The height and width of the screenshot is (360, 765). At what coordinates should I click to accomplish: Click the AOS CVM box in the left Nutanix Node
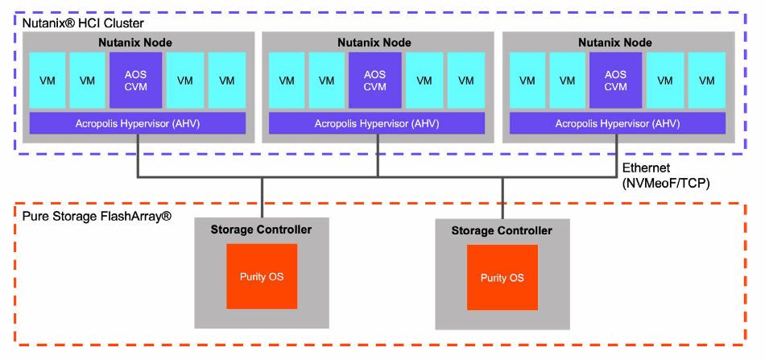135,81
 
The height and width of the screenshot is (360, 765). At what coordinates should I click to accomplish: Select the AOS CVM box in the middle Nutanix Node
374,81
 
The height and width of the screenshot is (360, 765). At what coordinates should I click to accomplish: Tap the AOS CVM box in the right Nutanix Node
615,81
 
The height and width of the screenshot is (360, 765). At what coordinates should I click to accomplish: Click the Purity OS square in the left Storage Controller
262,277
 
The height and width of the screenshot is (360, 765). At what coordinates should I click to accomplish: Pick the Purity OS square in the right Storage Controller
502,278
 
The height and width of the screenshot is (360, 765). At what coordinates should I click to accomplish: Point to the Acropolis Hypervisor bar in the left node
137,123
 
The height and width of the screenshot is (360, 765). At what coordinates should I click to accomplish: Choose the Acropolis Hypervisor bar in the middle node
376,123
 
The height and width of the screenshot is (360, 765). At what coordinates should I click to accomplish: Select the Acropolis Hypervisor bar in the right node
617,123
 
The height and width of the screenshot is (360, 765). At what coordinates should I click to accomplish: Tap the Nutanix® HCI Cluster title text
83,24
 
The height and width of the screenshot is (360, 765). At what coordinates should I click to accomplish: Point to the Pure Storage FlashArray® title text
97,217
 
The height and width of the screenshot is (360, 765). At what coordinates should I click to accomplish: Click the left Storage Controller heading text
261,230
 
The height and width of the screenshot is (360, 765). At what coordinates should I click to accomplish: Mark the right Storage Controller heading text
502,230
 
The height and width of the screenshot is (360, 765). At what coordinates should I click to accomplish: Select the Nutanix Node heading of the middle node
374,42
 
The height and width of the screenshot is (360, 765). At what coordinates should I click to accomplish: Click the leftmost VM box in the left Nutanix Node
48,81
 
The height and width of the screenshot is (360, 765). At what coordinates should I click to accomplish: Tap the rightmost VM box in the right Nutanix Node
707,81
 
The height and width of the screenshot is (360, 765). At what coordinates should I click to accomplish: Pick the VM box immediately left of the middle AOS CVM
326,81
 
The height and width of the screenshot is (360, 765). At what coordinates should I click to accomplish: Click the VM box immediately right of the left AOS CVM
185,81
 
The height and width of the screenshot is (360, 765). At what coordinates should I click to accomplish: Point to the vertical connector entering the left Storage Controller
263,197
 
